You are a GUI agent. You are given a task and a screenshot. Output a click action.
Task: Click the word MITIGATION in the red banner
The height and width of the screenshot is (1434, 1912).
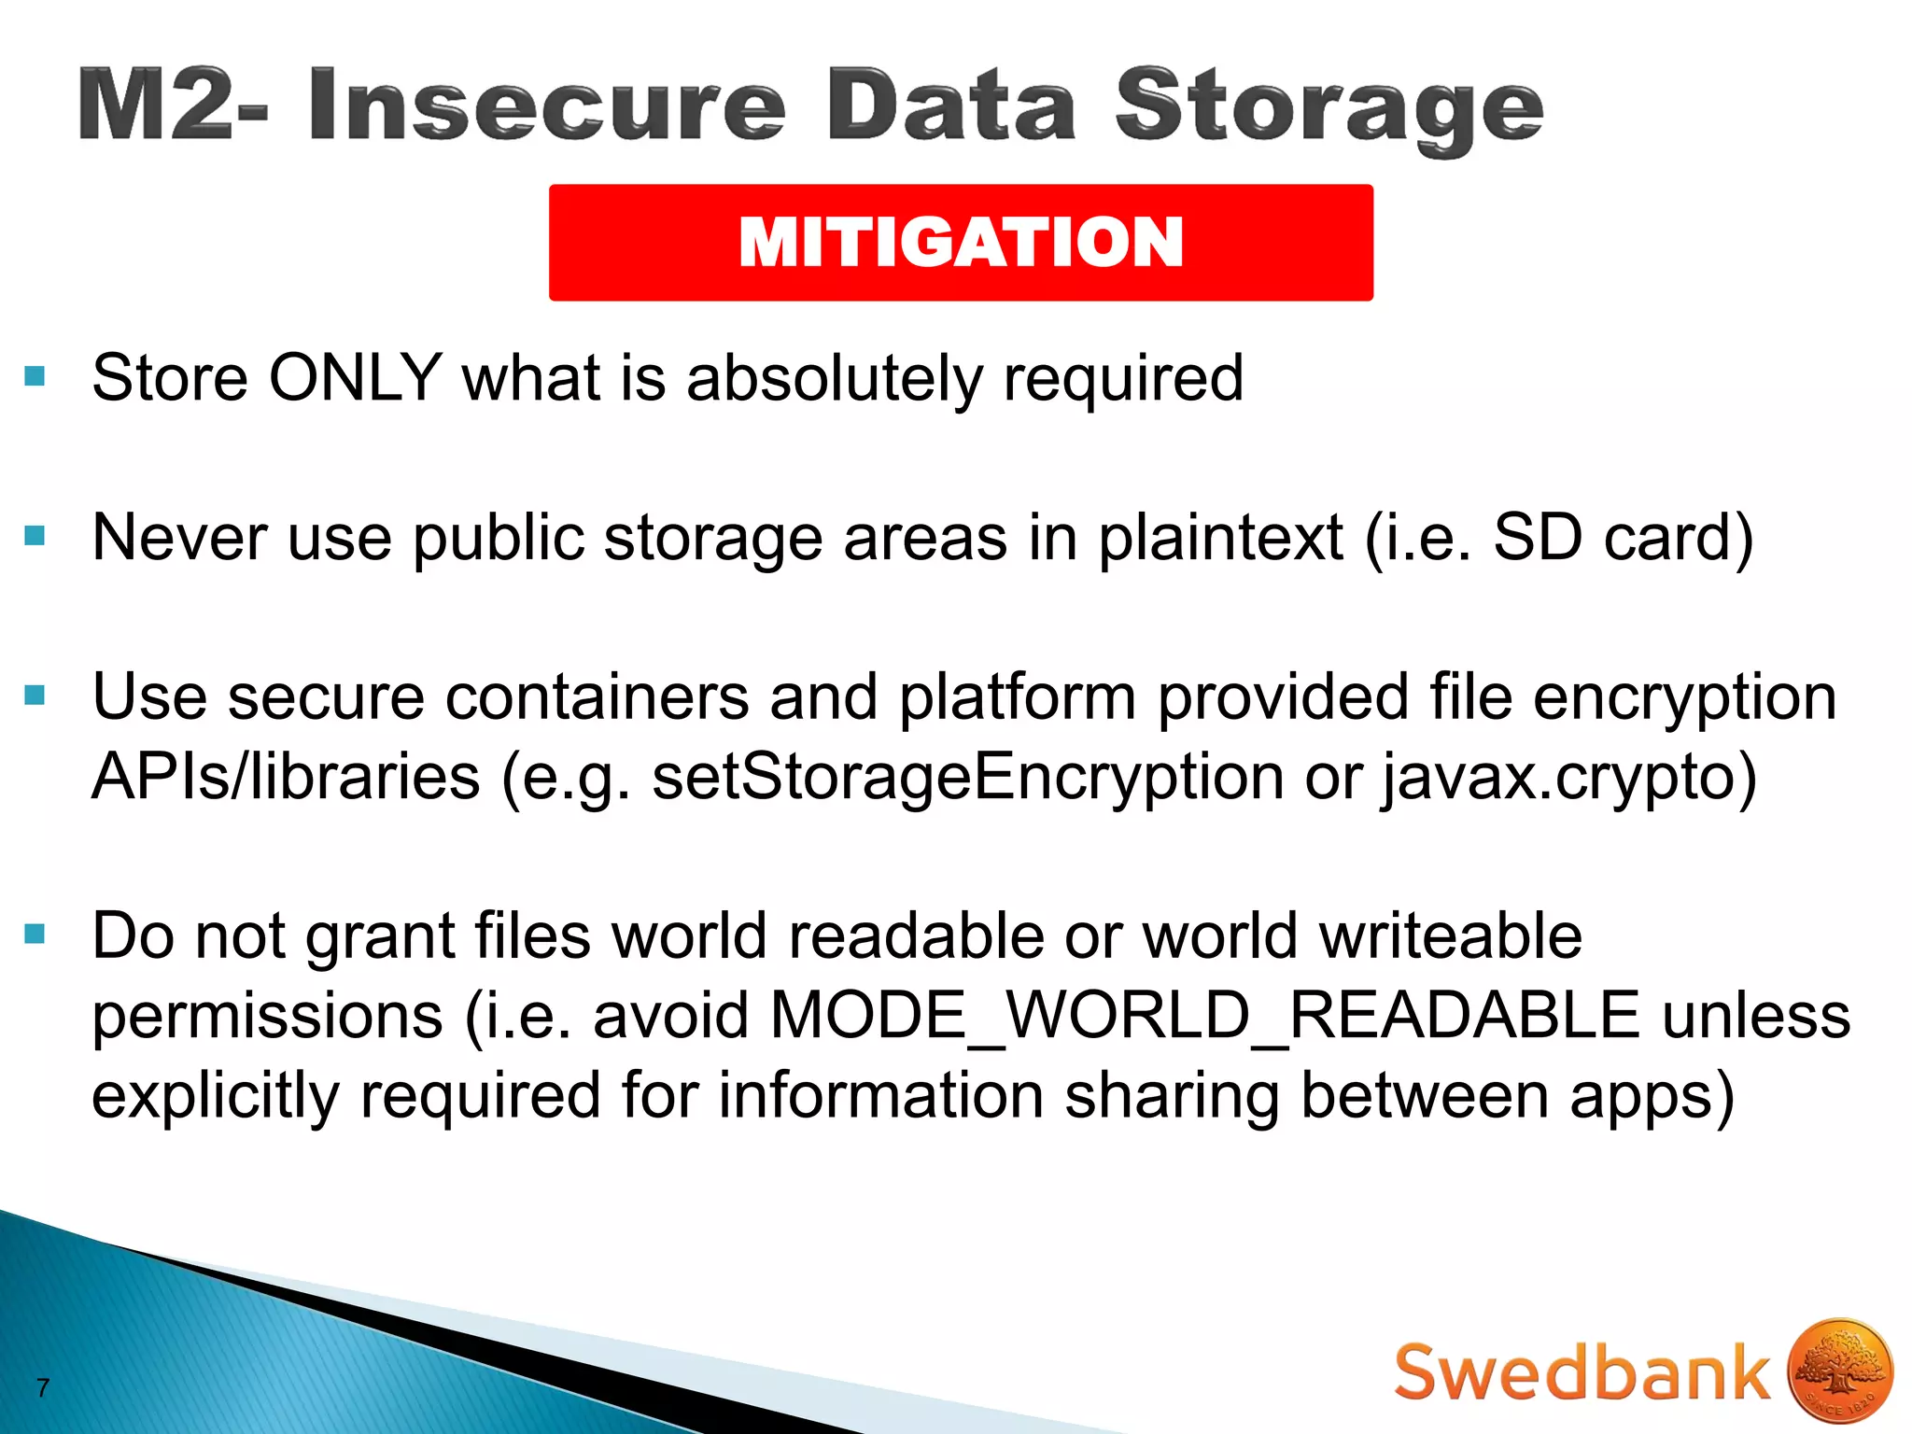(x=961, y=242)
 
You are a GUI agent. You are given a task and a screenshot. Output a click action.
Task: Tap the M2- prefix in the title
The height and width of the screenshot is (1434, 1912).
(x=173, y=105)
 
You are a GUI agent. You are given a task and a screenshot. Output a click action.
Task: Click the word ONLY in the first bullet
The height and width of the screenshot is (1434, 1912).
(x=355, y=378)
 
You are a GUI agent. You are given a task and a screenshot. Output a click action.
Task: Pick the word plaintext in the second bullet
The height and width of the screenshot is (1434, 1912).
(x=1220, y=539)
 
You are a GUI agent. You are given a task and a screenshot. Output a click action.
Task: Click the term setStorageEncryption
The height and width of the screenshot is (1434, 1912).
(x=967, y=778)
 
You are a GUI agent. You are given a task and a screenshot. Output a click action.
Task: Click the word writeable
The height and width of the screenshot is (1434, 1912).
(x=1451, y=936)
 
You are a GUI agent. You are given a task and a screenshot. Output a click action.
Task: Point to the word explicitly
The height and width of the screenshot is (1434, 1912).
(x=216, y=1096)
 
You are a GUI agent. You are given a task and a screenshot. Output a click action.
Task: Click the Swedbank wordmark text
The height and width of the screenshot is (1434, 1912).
(x=1582, y=1373)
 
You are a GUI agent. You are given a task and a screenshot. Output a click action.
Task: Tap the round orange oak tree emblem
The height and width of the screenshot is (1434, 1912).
(x=1839, y=1371)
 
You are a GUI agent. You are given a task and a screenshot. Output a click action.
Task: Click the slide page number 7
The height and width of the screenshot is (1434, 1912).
(x=43, y=1388)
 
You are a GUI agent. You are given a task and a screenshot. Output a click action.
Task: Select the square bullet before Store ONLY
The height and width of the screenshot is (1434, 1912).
(x=35, y=376)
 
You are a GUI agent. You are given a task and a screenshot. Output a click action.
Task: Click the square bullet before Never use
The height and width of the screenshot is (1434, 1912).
(x=35, y=536)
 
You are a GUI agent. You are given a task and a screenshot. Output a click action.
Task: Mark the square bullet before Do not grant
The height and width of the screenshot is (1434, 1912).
(x=35, y=934)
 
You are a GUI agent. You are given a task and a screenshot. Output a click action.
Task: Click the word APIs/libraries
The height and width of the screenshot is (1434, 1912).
(x=286, y=778)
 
